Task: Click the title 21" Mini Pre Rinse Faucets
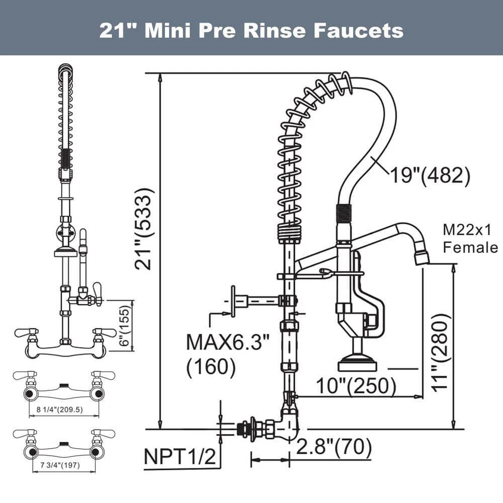point(251,30)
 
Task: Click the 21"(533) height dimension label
point(144,229)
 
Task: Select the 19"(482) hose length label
point(430,176)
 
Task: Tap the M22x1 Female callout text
point(470,238)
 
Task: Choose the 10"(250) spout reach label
point(356,386)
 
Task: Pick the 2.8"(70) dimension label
point(334,446)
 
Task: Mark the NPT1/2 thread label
point(180,457)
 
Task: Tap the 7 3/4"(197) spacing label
point(63,465)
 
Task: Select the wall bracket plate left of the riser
point(233,301)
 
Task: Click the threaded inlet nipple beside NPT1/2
point(245,429)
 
